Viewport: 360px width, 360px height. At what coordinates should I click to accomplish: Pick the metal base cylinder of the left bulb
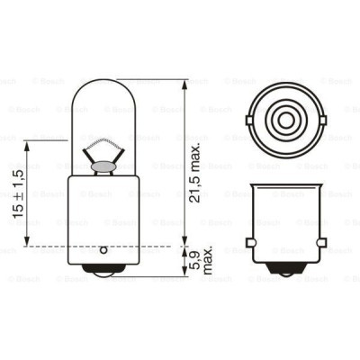pyautogui.click(x=102, y=211)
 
